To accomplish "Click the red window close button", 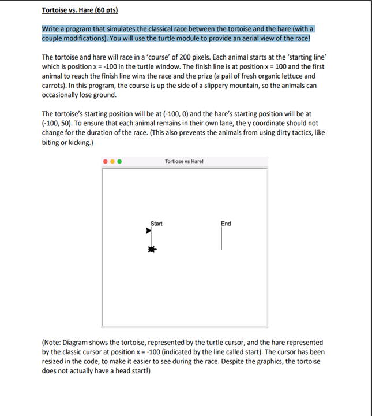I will tap(106, 162).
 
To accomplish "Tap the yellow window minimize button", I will tap(112, 162).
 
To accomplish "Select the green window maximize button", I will tap(119, 162).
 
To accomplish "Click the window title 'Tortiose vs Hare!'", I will tap(184, 161).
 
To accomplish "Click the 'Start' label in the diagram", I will tap(156, 224).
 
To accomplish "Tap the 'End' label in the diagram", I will tap(226, 224).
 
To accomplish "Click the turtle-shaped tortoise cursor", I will tap(152, 250).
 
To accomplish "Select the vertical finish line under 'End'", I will tap(221, 238).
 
